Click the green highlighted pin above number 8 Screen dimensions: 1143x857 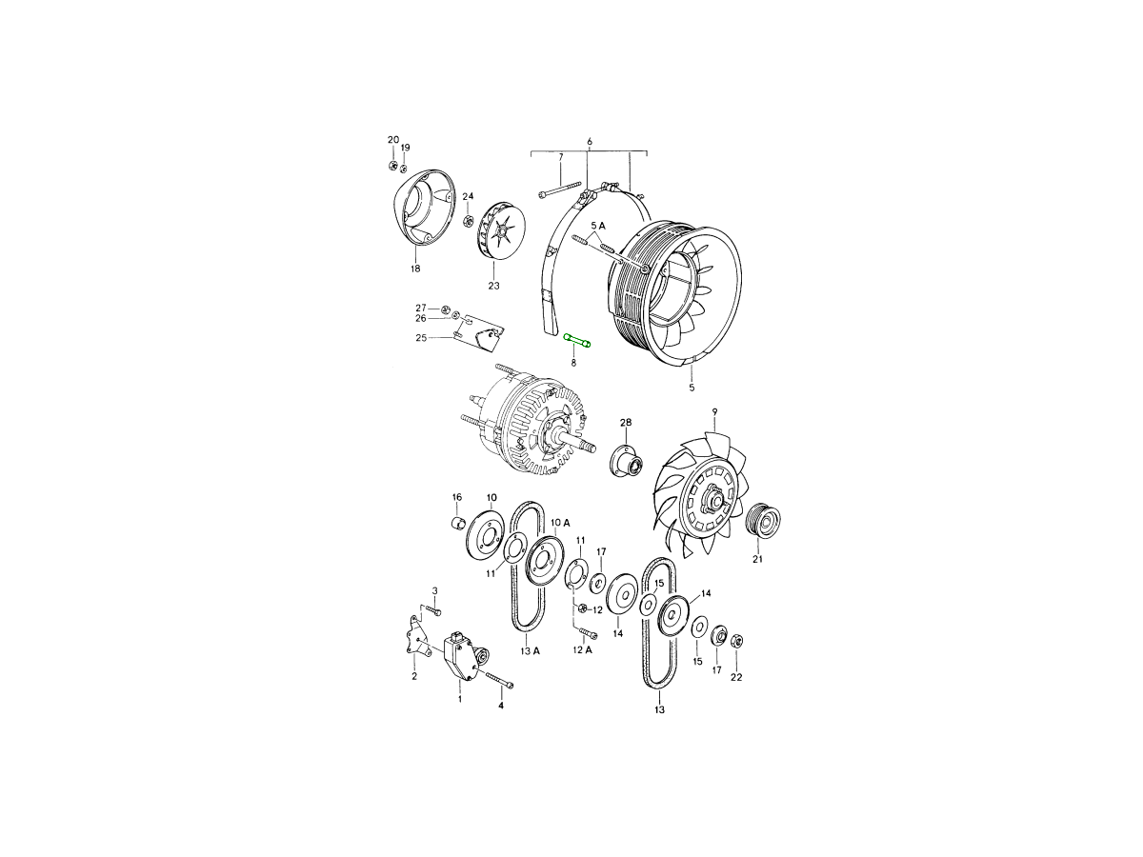577,340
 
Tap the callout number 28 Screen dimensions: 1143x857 626,422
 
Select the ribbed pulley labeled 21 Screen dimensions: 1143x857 763,522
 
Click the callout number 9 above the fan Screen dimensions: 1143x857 715,411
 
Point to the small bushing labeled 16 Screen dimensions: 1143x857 456,522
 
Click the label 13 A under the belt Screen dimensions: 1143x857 529,650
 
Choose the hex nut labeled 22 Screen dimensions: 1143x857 737,641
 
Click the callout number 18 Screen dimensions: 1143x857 415,269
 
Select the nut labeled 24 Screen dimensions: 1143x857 468,221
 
